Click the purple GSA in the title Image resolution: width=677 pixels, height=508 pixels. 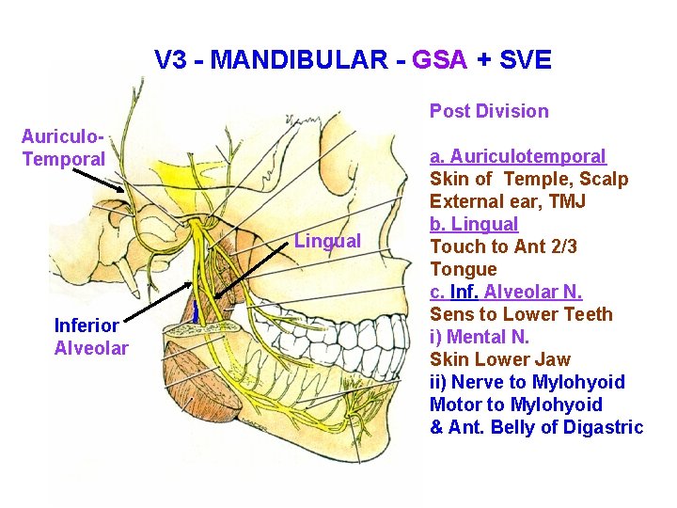439,61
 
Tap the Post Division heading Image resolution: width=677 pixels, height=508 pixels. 489,111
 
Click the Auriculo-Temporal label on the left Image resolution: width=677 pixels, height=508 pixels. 64,148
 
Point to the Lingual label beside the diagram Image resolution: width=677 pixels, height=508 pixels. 327,241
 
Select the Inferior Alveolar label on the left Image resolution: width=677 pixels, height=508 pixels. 91,337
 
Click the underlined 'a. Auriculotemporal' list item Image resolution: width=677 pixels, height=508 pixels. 518,156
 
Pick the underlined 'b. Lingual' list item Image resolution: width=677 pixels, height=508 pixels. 474,224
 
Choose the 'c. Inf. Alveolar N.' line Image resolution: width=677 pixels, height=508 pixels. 506,292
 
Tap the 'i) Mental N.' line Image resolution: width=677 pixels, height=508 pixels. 480,337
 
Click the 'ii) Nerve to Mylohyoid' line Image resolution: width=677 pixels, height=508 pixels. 527,382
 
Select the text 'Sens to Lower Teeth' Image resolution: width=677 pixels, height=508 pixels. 521,314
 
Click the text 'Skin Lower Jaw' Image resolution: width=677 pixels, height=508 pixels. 499,359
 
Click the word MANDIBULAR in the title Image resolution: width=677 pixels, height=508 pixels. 298,61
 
